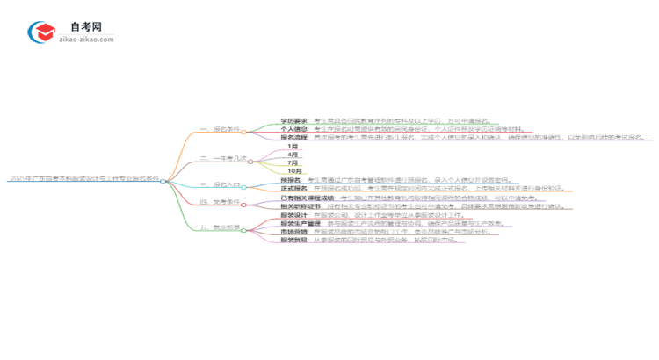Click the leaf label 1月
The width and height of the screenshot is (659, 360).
click(x=293, y=147)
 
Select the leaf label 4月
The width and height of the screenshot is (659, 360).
click(x=293, y=155)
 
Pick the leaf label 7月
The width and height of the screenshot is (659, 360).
click(x=293, y=163)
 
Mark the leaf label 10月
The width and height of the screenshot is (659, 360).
click(x=294, y=171)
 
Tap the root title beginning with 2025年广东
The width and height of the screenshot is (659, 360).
click(x=83, y=179)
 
